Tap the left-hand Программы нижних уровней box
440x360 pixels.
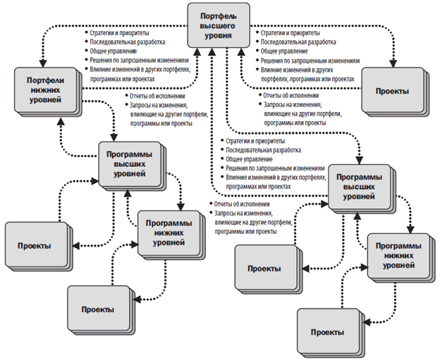point(165,232)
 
